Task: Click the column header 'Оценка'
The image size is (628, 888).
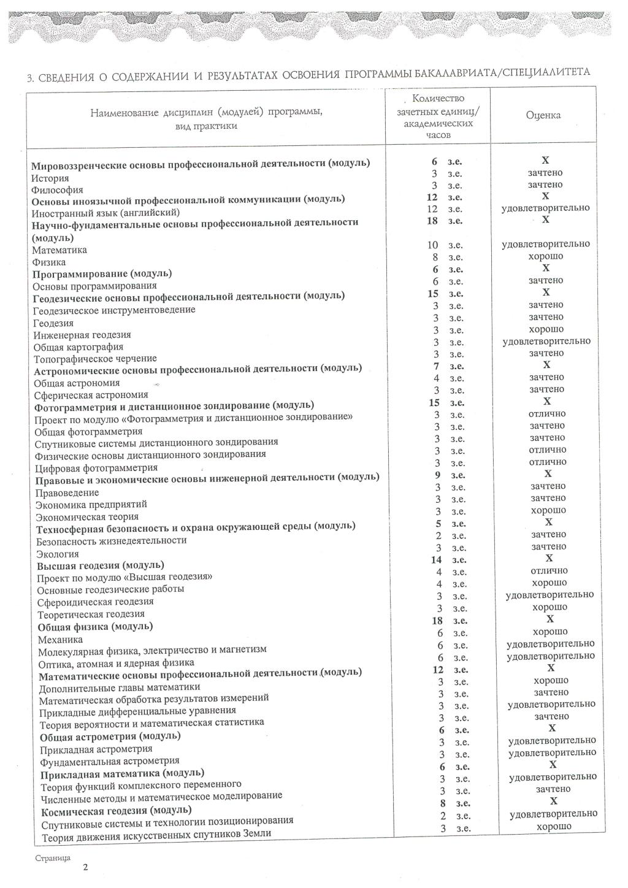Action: [543, 115]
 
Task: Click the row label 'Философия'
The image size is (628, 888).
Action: [58, 190]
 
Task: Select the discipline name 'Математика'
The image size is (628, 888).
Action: [59, 250]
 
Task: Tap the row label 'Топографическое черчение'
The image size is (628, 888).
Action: [95, 359]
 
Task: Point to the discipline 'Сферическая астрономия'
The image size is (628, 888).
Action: [91, 395]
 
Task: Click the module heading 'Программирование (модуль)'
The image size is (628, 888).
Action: [102, 274]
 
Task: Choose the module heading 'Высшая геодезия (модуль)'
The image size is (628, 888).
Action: [101, 565]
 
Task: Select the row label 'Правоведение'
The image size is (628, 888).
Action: [67, 492]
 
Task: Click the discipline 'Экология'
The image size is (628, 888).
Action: [58, 553]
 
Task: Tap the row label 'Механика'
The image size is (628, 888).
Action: [60, 639]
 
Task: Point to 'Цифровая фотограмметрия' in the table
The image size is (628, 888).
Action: [96, 468]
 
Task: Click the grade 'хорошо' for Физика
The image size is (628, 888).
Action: [546, 256]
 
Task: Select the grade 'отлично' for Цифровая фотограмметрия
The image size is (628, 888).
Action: [547, 462]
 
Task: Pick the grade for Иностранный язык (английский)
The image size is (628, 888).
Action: [546, 208]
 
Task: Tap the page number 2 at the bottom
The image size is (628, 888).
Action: [85, 867]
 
